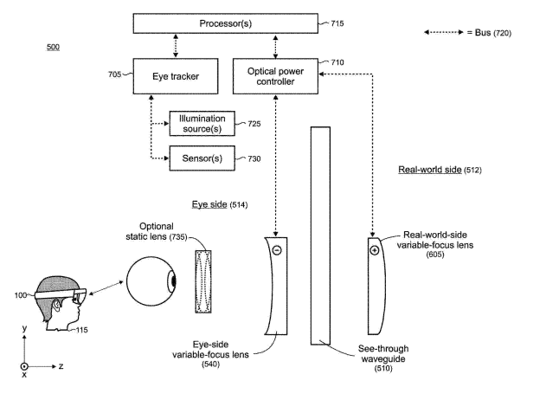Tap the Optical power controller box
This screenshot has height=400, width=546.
(x=275, y=75)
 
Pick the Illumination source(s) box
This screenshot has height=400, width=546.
(x=202, y=123)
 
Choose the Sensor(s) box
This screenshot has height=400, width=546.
(x=202, y=158)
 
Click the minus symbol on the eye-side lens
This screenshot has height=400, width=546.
(x=276, y=251)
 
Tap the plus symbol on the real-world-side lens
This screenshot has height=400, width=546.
(x=374, y=250)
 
